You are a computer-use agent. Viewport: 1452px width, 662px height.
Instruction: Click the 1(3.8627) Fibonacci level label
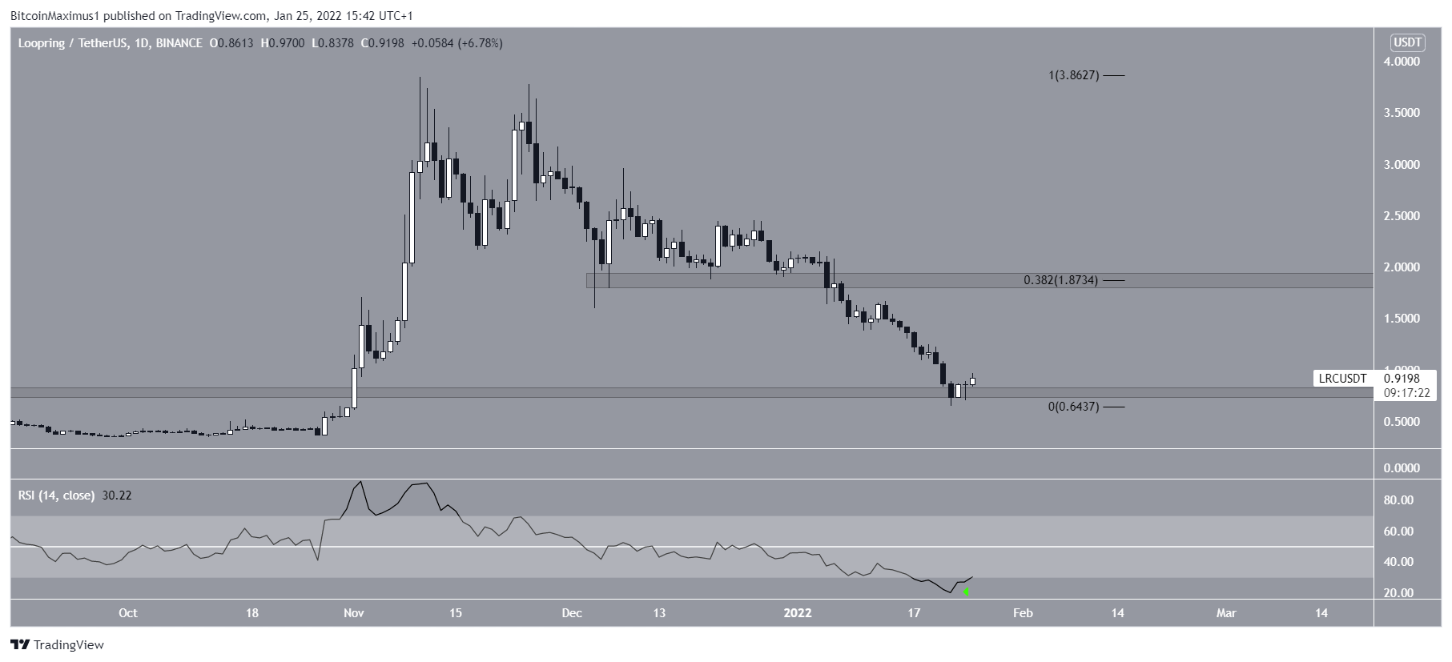tap(1074, 75)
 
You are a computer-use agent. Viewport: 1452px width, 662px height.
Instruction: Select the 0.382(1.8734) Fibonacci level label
tap(1060, 280)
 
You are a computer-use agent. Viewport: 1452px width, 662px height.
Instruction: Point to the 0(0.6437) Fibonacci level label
tap(1073, 407)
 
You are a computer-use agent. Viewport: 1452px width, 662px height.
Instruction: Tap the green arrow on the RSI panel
tap(967, 592)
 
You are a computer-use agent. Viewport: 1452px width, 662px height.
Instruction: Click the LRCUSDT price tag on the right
tap(1342, 379)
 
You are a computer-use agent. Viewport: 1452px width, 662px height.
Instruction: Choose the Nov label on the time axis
tap(353, 613)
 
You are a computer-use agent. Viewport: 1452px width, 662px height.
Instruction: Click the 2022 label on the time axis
tap(798, 613)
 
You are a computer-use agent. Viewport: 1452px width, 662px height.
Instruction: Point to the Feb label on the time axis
tap(1023, 613)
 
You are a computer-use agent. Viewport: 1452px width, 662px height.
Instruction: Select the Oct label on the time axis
tap(127, 613)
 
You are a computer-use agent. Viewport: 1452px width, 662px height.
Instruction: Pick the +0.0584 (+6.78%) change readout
tap(457, 43)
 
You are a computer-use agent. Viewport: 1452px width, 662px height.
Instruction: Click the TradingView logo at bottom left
tap(58, 644)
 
